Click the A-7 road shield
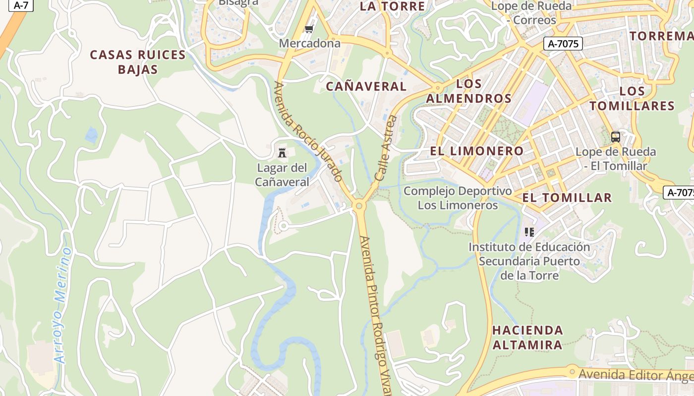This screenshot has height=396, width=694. pyautogui.click(x=20, y=5)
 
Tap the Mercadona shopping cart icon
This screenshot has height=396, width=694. pyautogui.click(x=309, y=30)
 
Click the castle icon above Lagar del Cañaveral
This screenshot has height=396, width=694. pyautogui.click(x=282, y=152)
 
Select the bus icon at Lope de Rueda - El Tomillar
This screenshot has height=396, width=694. pyautogui.click(x=615, y=137)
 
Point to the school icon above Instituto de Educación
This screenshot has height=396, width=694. pyautogui.click(x=529, y=232)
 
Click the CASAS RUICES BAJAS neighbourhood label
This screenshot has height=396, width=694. pyautogui.click(x=138, y=62)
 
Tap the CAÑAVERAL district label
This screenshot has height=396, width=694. pyautogui.click(x=366, y=86)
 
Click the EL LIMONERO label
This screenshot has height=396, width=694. pyautogui.click(x=477, y=151)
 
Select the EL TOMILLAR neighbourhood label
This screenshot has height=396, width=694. pyautogui.click(x=567, y=198)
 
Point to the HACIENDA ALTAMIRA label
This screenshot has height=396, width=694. pyautogui.click(x=527, y=337)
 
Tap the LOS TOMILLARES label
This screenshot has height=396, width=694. pyautogui.click(x=632, y=98)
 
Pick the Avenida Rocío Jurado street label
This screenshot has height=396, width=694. pyautogui.click(x=308, y=131)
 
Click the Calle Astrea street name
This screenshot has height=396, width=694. pyautogui.click(x=386, y=148)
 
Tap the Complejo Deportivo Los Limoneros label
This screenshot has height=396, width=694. pyautogui.click(x=458, y=198)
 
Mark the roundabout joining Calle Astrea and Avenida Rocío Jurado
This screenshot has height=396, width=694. pyautogui.click(x=360, y=205)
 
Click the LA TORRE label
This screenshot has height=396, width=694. pyautogui.click(x=392, y=6)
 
